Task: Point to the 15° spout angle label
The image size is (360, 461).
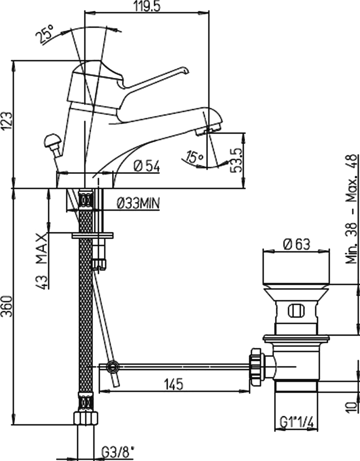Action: (195, 157)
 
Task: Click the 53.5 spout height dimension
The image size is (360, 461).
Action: (236, 160)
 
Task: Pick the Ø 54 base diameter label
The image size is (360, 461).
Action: (146, 166)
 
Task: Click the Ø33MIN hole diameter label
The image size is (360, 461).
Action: (138, 204)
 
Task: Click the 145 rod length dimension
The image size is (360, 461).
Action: (174, 384)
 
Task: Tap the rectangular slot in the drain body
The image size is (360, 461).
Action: (296, 311)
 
